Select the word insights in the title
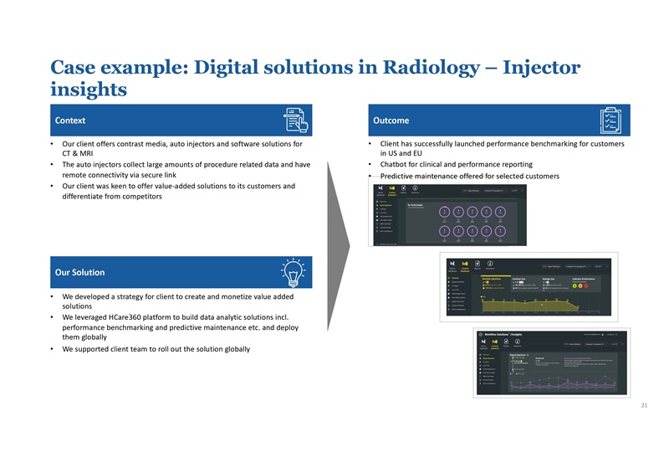coord(89,89)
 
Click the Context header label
coord(71,120)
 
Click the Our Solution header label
coord(79,272)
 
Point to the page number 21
coord(644,405)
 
